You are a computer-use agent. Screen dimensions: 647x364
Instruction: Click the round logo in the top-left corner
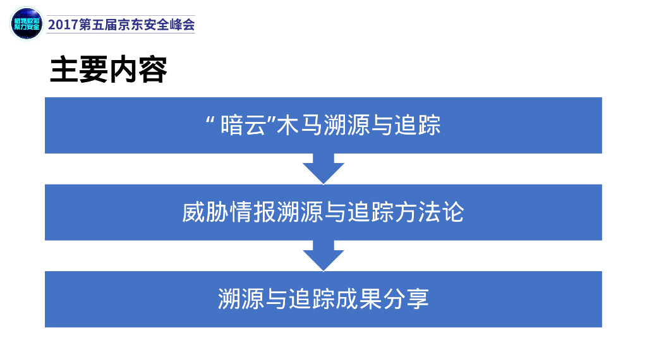coord(27,23)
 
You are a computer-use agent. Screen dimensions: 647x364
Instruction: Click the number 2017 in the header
coord(63,25)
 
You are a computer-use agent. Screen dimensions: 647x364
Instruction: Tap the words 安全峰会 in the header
coord(171,25)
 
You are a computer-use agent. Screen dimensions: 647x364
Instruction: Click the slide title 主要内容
coord(109,71)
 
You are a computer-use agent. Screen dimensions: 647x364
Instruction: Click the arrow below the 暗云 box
coord(323,169)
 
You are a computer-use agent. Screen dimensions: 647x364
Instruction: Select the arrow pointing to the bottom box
coord(323,256)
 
